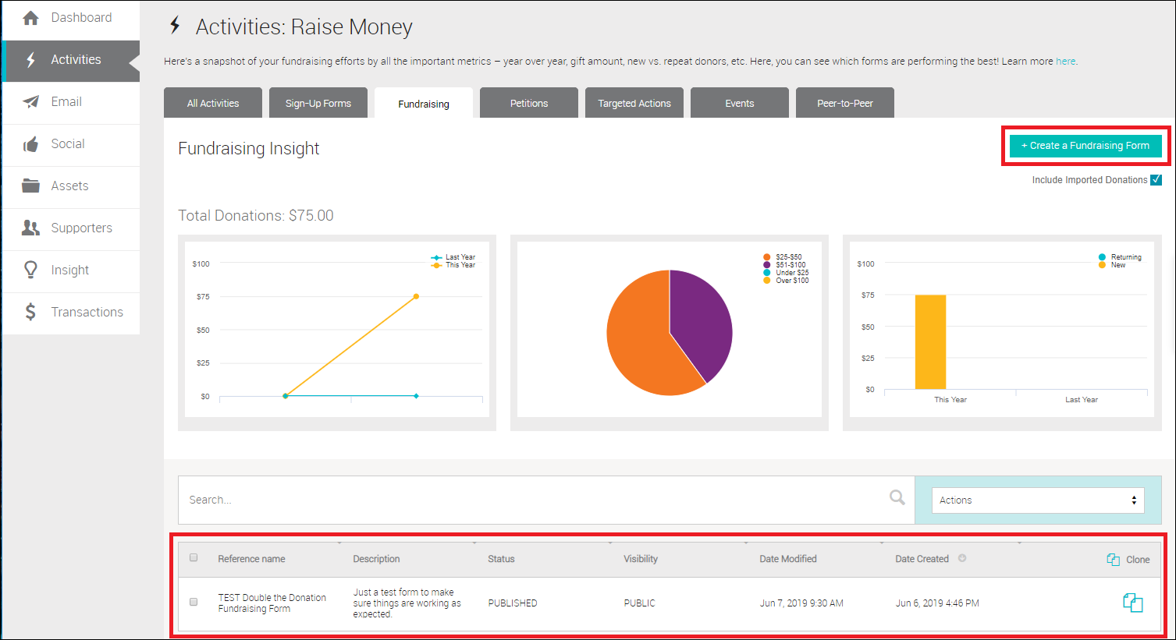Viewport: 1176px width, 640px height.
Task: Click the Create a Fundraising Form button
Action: click(1085, 146)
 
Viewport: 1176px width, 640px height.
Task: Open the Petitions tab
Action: click(528, 103)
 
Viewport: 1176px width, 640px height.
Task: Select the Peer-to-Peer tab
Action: click(844, 103)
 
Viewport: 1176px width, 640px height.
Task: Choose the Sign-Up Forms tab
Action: click(318, 103)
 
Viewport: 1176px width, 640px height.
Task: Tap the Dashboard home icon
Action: click(30, 18)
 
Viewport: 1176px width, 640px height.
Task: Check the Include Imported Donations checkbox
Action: click(1156, 180)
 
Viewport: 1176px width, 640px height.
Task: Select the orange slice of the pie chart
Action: click(640, 343)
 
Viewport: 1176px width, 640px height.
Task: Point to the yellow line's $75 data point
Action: click(416, 296)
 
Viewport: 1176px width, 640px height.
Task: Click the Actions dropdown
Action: click(1038, 500)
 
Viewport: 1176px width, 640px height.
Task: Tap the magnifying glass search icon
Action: click(897, 497)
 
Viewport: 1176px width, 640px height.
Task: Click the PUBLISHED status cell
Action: click(512, 603)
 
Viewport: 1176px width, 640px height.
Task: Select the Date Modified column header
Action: click(787, 559)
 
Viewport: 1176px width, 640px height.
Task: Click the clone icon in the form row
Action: click(1132, 603)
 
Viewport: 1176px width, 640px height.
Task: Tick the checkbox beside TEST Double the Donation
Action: click(194, 602)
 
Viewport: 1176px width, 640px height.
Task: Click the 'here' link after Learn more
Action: click(1065, 62)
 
